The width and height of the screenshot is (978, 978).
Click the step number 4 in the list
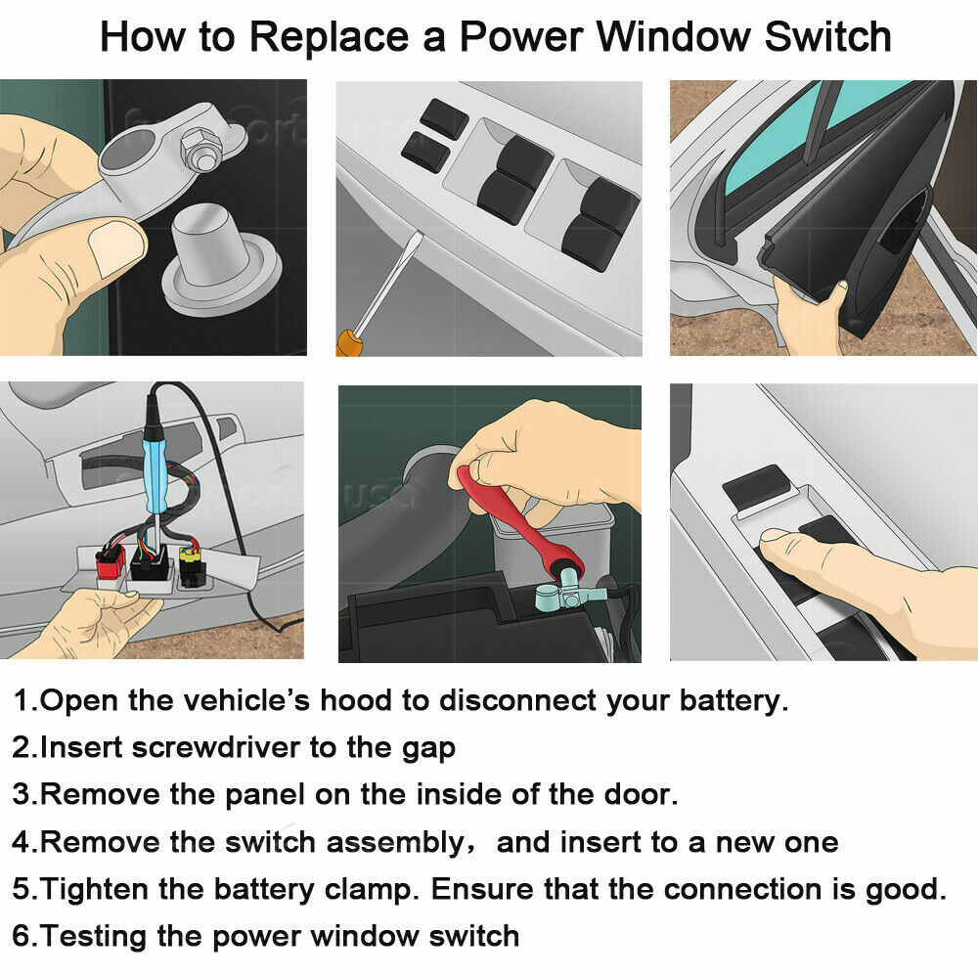[22, 842]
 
